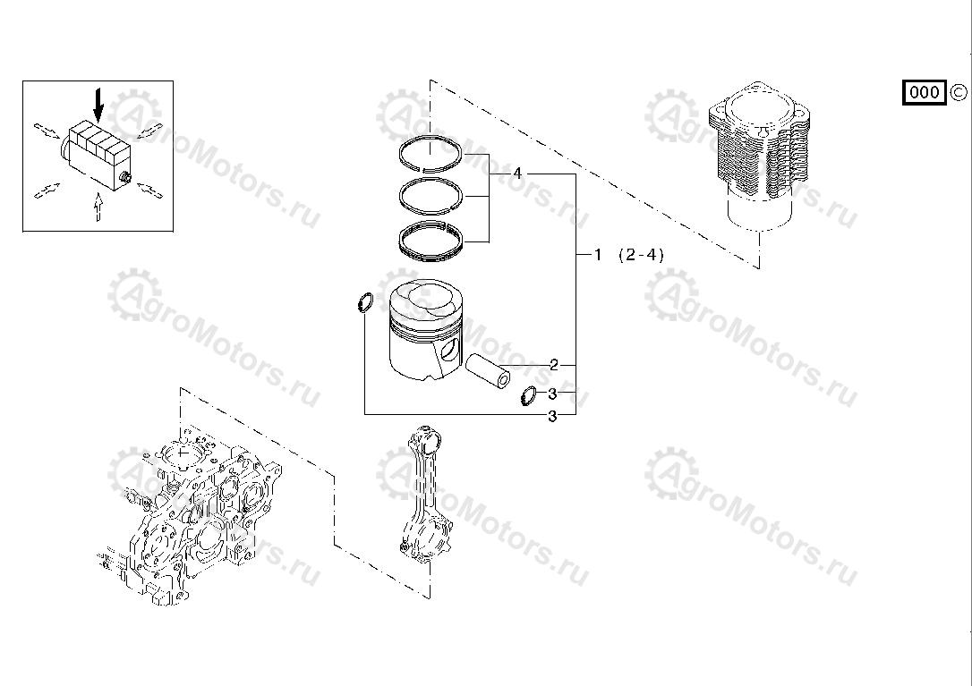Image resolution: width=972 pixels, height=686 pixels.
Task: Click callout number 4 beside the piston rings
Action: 517,174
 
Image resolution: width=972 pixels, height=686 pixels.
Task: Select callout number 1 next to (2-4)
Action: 599,255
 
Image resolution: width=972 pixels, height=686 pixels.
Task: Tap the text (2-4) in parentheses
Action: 642,255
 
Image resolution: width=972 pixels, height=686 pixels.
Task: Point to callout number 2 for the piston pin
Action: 554,365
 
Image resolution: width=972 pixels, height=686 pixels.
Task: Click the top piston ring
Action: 431,154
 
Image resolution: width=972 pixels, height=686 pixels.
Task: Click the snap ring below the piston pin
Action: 529,394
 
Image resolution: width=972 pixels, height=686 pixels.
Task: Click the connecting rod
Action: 427,496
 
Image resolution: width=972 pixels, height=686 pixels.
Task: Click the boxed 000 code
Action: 924,92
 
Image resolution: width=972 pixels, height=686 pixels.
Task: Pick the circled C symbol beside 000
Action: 958,91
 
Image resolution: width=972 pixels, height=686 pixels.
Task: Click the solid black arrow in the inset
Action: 98,106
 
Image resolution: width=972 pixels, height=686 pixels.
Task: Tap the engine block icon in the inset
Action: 97,154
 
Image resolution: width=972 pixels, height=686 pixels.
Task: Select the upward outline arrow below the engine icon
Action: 98,207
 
